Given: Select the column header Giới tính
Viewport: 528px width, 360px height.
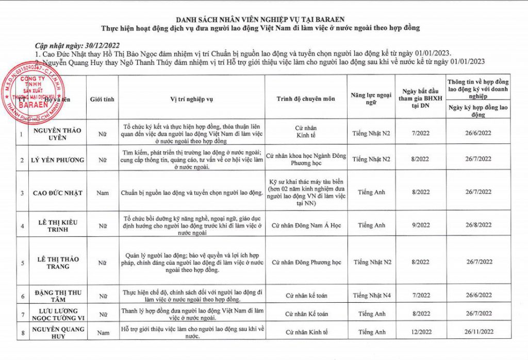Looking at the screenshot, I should click(102, 99).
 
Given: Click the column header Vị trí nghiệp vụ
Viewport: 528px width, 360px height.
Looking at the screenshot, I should click(191, 99).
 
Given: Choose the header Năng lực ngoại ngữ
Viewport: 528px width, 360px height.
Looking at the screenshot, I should click(371, 99).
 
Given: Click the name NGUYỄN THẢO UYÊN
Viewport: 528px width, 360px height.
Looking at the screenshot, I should click(57, 134).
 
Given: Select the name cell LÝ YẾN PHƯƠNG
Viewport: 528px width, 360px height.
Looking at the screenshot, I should click(57, 160).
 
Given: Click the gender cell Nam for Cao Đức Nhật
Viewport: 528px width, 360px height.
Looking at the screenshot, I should click(102, 192).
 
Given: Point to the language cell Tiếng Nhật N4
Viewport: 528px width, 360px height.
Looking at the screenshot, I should click(371, 296).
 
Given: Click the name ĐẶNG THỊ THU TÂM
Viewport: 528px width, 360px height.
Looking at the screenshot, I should click(57, 296).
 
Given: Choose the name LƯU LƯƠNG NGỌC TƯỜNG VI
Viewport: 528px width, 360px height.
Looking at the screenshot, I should click(57, 314).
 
